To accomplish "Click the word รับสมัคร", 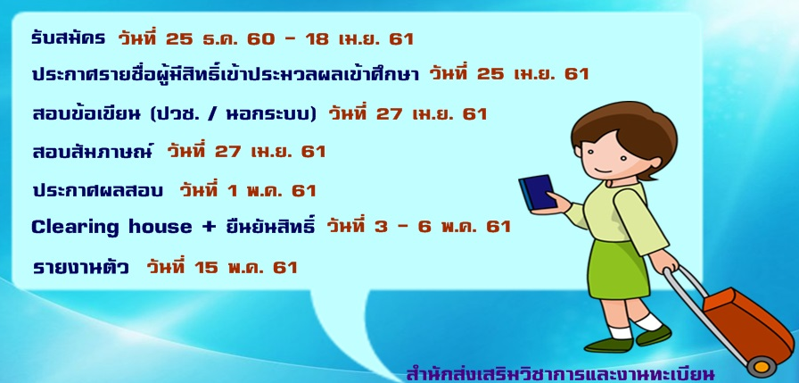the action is [x=69, y=38].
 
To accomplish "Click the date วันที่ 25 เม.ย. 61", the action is [x=508, y=73].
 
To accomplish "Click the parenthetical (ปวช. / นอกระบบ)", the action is [x=234, y=114].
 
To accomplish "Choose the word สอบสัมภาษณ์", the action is [x=92, y=151].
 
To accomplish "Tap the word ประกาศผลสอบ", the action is [x=97, y=191].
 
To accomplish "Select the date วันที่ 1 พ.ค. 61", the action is [x=248, y=190].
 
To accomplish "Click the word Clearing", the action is [x=75, y=227].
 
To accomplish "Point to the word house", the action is [x=160, y=227].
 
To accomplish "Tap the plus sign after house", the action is [x=209, y=227].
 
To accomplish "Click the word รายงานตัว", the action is [x=80, y=267].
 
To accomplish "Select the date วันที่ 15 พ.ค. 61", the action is [x=222, y=266].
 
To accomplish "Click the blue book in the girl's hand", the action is [x=537, y=193].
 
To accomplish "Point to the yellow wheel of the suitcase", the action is [x=762, y=367].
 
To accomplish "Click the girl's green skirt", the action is [x=618, y=269].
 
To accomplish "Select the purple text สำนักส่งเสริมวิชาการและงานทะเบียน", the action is [x=561, y=373].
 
